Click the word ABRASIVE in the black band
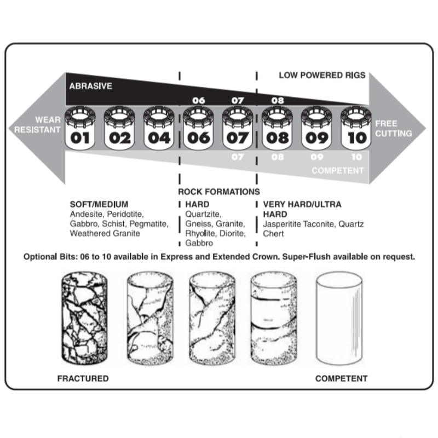point(90,86)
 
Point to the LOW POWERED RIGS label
point(322,75)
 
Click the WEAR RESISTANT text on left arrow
point(37,125)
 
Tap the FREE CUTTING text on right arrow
point(393,128)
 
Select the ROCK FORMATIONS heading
point(219,192)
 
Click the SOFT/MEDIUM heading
point(99,204)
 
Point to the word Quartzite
point(203,214)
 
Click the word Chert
point(273,234)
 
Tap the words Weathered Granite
point(105,233)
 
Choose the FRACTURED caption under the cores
point(83,378)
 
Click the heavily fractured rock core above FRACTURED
point(84,318)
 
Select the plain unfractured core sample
point(339,318)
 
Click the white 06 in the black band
point(199,101)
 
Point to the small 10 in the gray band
point(357,157)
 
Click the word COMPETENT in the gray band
point(338,170)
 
